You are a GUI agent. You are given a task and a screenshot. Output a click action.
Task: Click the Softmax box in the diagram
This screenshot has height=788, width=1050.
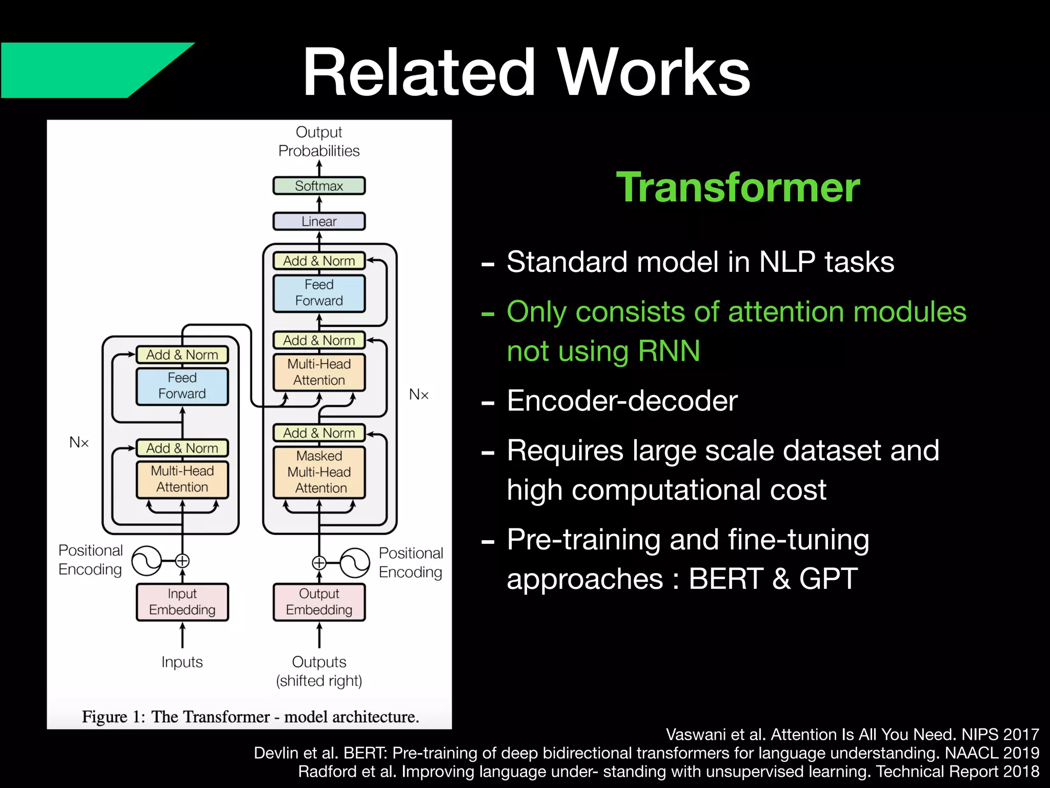(319, 186)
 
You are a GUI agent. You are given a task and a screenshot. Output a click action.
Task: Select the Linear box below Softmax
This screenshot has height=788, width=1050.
(319, 222)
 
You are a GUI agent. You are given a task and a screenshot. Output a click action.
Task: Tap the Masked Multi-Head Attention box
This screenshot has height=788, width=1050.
(319, 472)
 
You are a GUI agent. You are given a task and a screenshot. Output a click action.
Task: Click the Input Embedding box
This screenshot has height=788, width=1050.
(182, 602)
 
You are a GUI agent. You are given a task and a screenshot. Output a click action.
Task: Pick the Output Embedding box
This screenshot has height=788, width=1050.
(319, 602)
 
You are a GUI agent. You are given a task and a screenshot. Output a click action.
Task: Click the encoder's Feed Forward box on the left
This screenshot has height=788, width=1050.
(182, 386)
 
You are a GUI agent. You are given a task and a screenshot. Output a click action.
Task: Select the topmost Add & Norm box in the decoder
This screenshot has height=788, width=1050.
(319, 261)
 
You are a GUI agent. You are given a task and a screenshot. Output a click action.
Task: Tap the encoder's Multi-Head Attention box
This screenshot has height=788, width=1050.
(182, 479)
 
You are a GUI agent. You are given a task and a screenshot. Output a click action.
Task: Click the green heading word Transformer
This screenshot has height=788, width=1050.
(738, 188)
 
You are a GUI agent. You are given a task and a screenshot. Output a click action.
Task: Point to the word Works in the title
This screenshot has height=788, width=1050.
(654, 73)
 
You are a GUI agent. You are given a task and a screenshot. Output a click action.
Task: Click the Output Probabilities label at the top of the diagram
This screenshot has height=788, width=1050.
(319, 142)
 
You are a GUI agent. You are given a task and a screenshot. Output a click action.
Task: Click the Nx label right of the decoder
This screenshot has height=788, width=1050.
(418, 395)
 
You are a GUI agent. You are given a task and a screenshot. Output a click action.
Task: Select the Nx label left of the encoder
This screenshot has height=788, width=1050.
(79, 442)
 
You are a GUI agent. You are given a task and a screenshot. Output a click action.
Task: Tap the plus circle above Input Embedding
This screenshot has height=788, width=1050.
(182, 561)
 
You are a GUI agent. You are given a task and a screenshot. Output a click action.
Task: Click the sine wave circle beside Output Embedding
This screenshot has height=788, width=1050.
(355, 563)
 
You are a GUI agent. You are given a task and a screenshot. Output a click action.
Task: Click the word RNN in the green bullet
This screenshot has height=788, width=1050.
(669, 351)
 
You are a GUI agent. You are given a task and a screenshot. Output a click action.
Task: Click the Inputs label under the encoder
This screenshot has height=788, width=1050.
(182, 662)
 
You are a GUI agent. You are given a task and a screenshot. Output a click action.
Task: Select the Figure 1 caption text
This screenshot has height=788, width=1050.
(250, 717)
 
